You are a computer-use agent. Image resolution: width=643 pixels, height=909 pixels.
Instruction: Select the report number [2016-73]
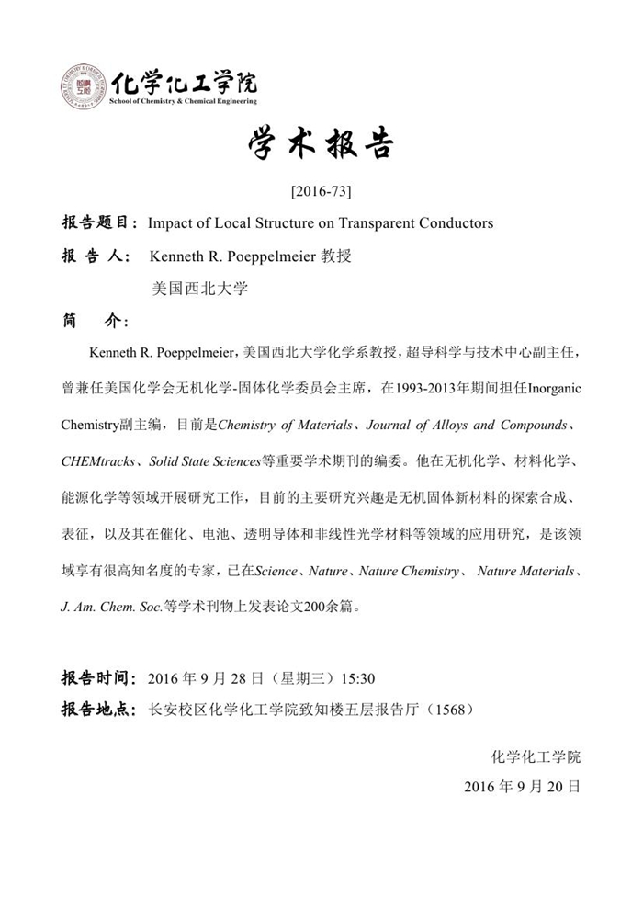[321, 192]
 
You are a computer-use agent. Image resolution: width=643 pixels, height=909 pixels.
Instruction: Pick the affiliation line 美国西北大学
[199, 288]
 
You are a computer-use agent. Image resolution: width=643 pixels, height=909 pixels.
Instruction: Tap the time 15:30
[357, 679]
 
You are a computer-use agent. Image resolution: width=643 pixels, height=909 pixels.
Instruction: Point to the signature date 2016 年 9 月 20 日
[522, 787]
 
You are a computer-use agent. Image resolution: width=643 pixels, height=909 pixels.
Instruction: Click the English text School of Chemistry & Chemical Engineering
[184, 101]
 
